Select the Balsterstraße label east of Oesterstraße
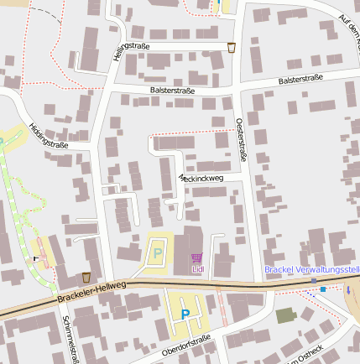pos(300,81)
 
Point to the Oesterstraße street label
pos(243,138)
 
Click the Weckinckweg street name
pos(201,178)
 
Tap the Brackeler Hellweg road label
pos(92,292)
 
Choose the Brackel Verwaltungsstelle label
pos(311,270)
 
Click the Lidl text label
pos(198,269)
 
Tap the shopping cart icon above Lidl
pos(197,257)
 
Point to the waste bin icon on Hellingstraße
pos(232,48)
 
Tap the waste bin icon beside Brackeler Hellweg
pos(86,277)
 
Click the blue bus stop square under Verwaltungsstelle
pos(323,289)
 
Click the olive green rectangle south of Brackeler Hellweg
pos(286,315)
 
